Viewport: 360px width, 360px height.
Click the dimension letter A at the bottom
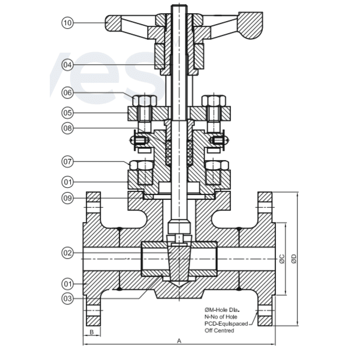pyautogui.click(x=179, y=340)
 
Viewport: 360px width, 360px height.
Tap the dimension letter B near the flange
pyautogui.click(x=92, y=331)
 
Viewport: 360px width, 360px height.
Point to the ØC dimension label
pyautogui.click(x=281, y=259)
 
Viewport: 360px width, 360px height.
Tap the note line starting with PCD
pyautogui.click(x=228, y=323)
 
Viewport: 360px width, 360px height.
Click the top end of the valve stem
pyautogui.click(x=179, y=7)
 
